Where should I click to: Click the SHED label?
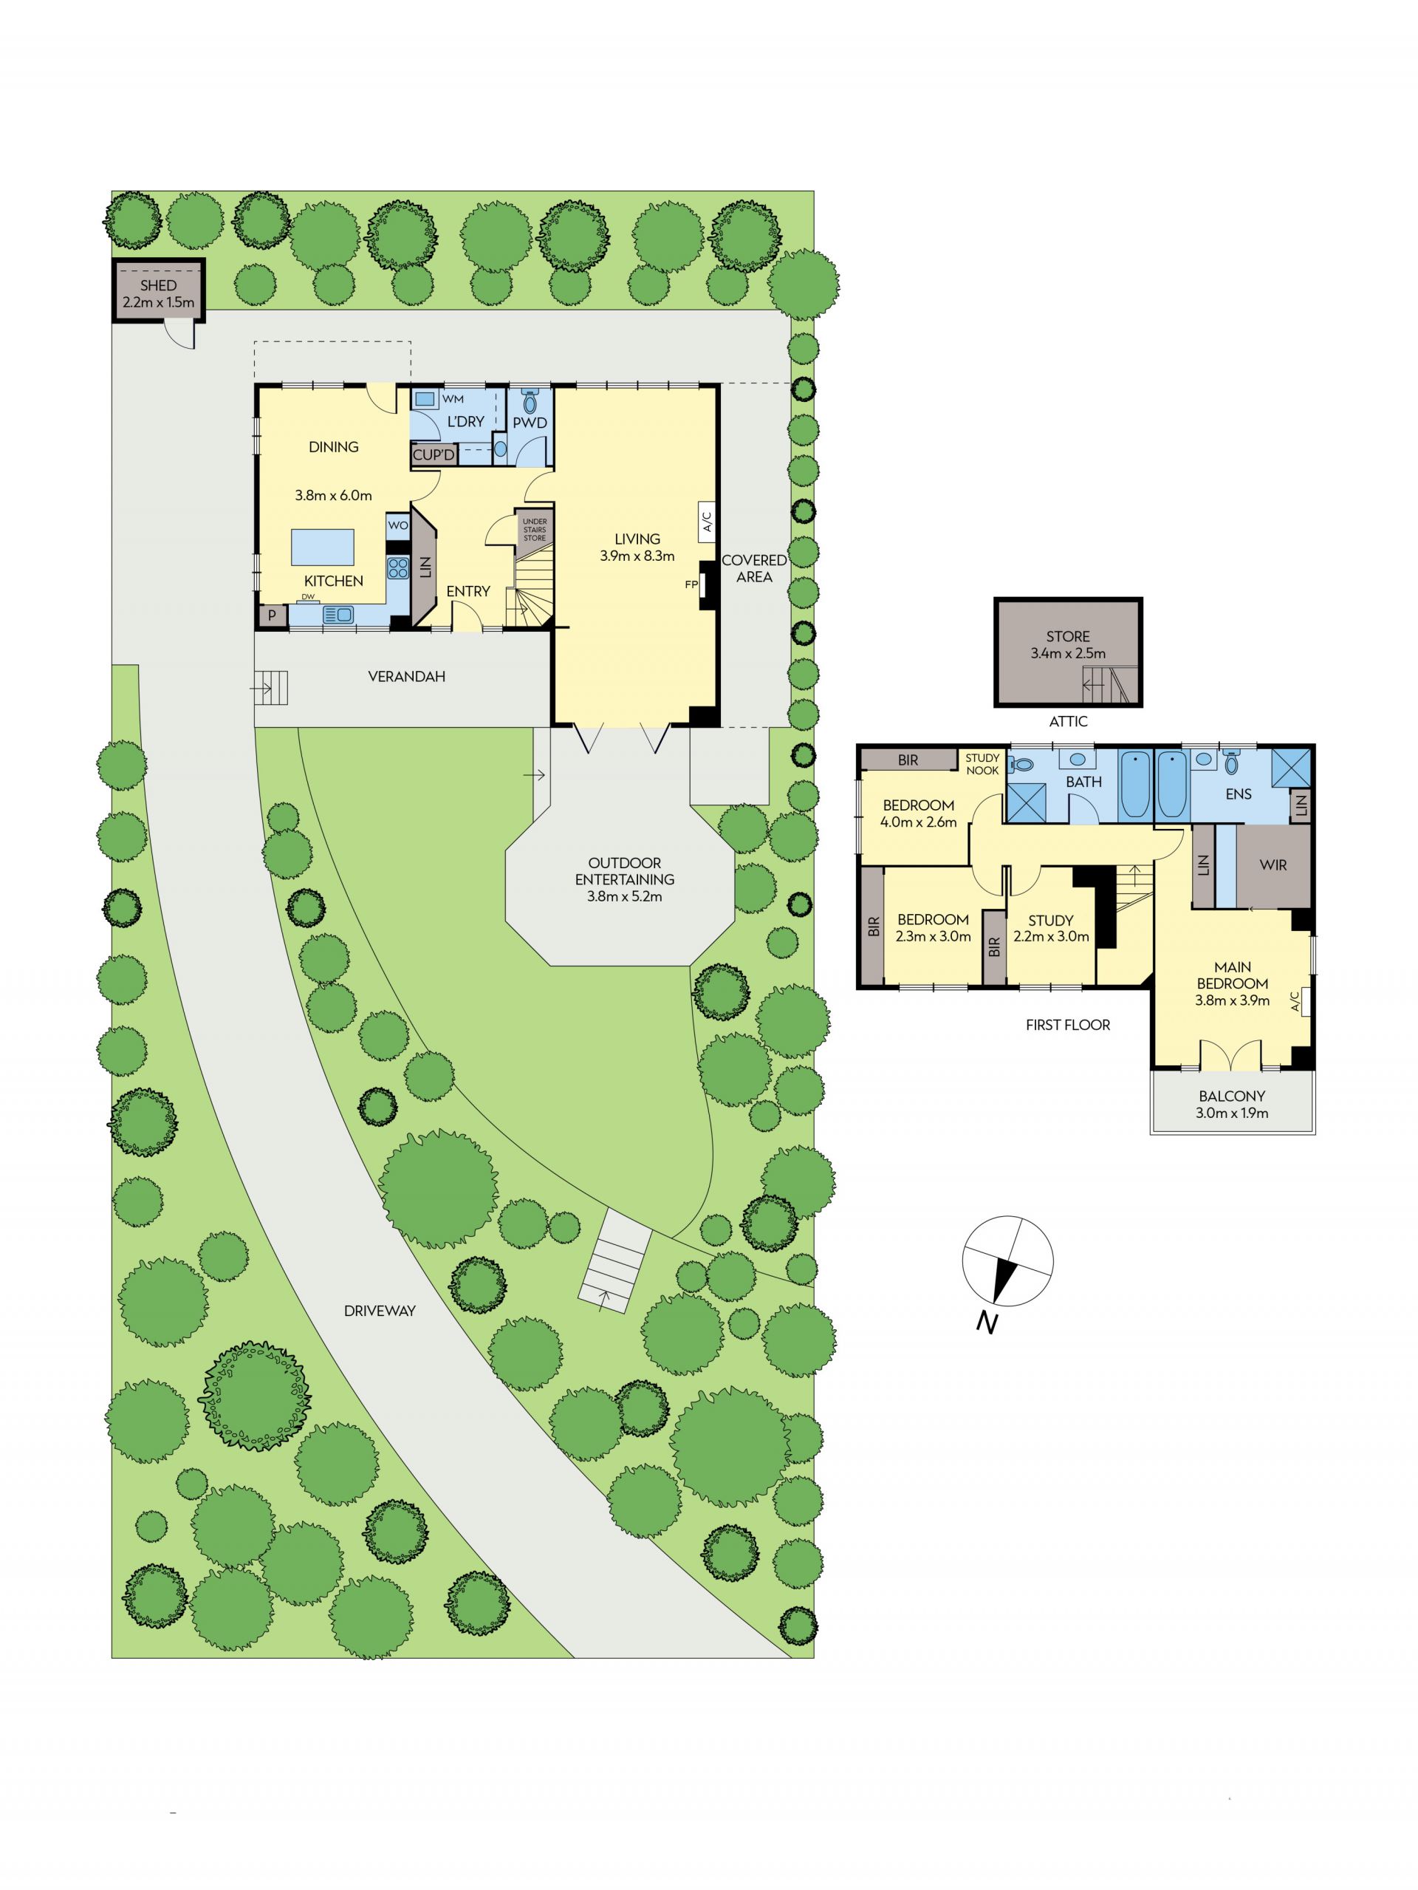coord(158,285)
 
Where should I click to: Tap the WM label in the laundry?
coord(453,399)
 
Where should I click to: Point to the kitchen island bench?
coord(323,547)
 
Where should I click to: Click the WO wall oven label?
coord(398,525)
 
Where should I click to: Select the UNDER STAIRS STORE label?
coord(535,530)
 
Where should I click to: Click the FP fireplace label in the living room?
coord(691,585)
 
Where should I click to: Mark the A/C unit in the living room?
coord(707,521)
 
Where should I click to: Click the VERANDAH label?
coord(407,677)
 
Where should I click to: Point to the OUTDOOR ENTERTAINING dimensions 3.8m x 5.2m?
coord(624,896)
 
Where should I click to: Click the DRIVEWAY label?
coord(380,1311)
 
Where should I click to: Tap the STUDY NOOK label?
coord(982,764)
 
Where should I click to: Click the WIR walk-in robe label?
coord(1273,864)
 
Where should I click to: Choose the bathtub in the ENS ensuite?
coord(1171,785)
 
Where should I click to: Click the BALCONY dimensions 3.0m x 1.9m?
coord(1233,1113)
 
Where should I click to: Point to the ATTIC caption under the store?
coord(1068,721)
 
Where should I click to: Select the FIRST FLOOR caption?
coord(1068,1025)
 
